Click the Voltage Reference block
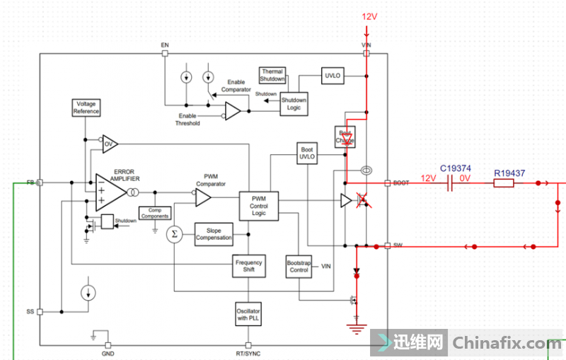click(x=86, y=108)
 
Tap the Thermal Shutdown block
click(x=272, y=75)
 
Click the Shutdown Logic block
click(x=294, y=103)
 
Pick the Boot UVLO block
click(x=307, y=153)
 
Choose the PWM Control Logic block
click(x=258, y=205)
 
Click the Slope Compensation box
click(x=214, y=234)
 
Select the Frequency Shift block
click(x=248, y=266)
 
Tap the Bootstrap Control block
click(x=299, y=266)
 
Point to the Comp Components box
click(x=155, y=213)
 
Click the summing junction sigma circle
click(x=174, y=234)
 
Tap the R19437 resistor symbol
click(x=503, y=183)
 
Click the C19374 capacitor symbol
click(x=451, y=183)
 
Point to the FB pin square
click(x=40, y=182)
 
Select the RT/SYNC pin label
click(x=248, y=352)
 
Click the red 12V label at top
click(x=371, y=16)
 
